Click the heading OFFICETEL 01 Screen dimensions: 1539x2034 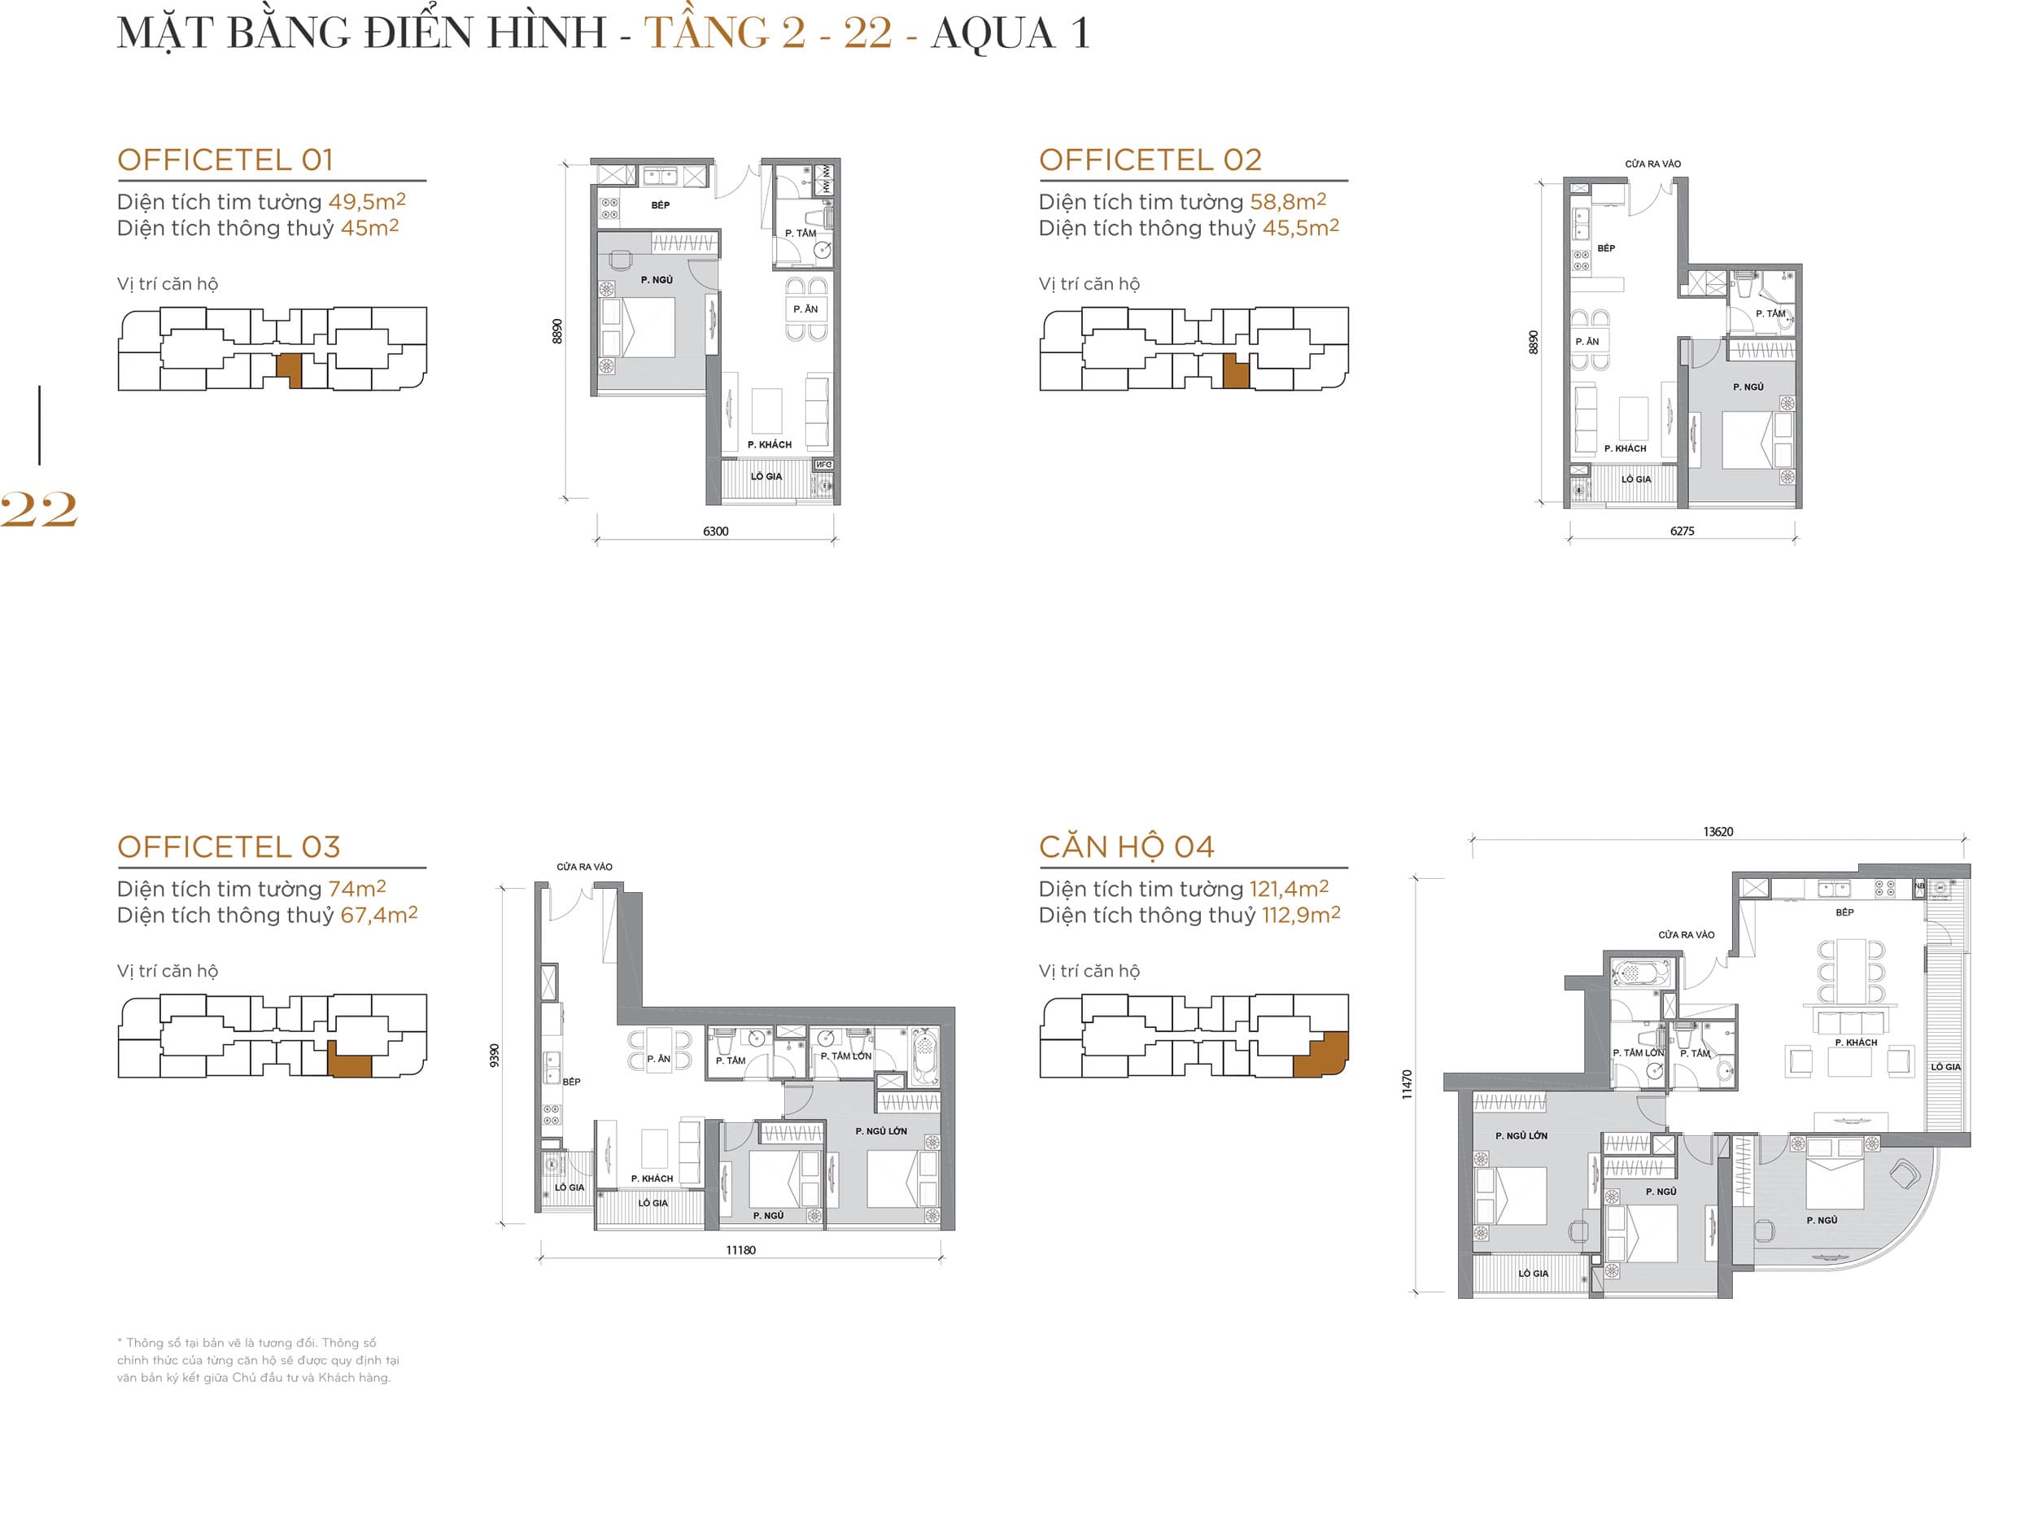(225, 160)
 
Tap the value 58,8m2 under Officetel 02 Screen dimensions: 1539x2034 (1286, 202)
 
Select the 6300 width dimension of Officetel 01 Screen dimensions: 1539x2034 (715, 531)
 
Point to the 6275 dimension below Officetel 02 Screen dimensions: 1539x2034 (1682, 531)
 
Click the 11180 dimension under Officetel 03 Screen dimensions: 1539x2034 (740, 1249)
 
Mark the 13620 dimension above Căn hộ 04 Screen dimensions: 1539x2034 (1718, 832)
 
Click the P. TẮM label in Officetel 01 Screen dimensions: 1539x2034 (800, 233)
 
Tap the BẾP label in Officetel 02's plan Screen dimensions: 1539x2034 (1605, 248)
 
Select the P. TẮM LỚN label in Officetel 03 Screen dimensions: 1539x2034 (846, 1056)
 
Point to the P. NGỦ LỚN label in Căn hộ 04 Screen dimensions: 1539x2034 (1521, 1135)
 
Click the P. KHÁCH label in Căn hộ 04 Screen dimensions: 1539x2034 (1856, 1043)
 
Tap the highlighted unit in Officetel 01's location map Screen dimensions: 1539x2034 (289, 369)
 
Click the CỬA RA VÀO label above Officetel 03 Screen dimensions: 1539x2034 (584, 867)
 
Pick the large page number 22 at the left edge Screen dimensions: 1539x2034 (38, 509)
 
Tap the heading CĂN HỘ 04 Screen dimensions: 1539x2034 (1125, 847)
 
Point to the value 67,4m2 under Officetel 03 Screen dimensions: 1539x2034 (378, 915)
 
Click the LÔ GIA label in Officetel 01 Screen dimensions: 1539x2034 (766, 476)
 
